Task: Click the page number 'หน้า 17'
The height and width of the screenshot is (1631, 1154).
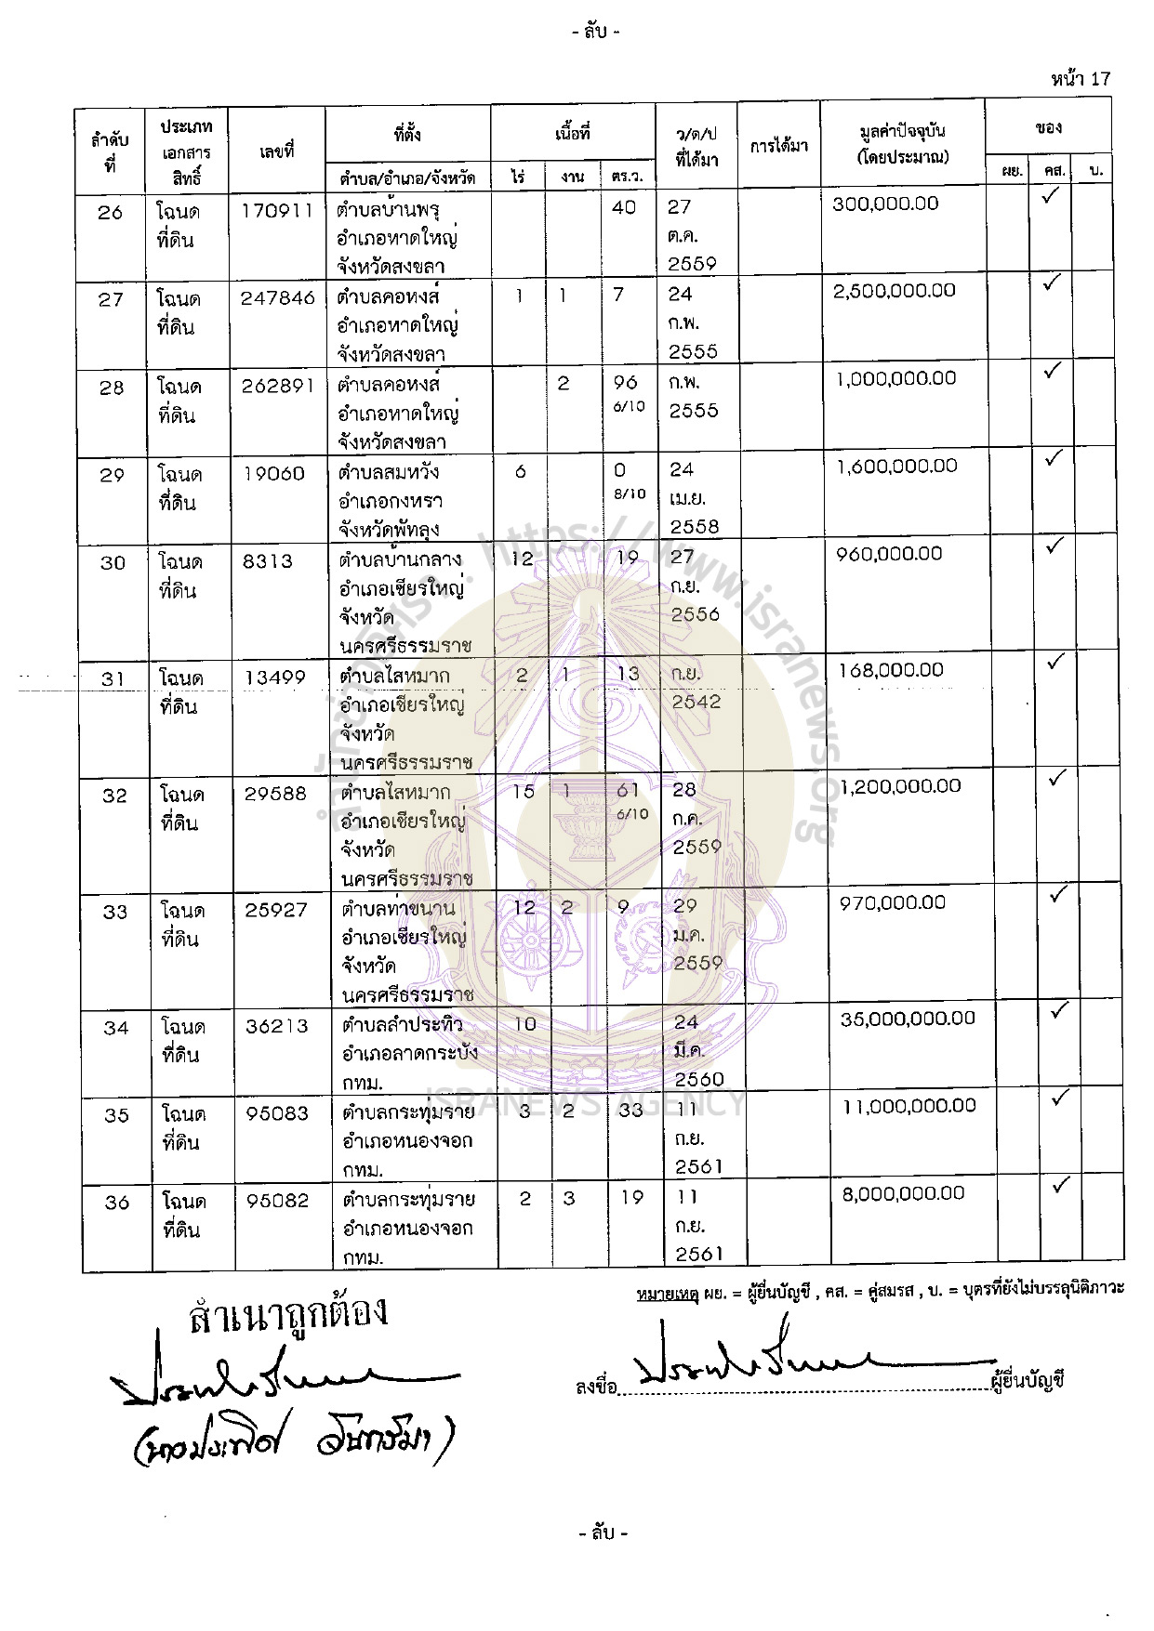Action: click(1081, 79)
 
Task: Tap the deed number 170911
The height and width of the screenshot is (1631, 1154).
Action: click(277, 210)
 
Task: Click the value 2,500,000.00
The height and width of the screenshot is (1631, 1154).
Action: click(894, 291)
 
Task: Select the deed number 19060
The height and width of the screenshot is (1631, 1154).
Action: click(273, 473)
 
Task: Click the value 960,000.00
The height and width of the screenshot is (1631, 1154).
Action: click(889, 554)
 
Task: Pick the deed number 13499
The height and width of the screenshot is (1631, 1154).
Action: click(275, 677)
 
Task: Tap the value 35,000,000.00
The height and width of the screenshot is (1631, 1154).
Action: click(908, 1019)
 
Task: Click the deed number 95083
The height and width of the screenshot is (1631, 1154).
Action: click(277, 1112)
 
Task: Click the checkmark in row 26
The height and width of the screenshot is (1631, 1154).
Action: click(1051, 197)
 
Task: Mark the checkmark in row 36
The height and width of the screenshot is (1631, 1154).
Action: click(1059, 1186)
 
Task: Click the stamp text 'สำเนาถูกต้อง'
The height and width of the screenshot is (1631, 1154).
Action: click(287, 1314)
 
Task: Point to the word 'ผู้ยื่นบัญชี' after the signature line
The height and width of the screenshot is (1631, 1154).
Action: click(1028, 1380)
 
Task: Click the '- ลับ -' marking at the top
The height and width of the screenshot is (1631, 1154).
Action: click(595, 33)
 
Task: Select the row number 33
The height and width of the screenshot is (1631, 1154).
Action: click(115, 912)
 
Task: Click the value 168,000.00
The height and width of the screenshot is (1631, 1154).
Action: click(891, 670)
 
